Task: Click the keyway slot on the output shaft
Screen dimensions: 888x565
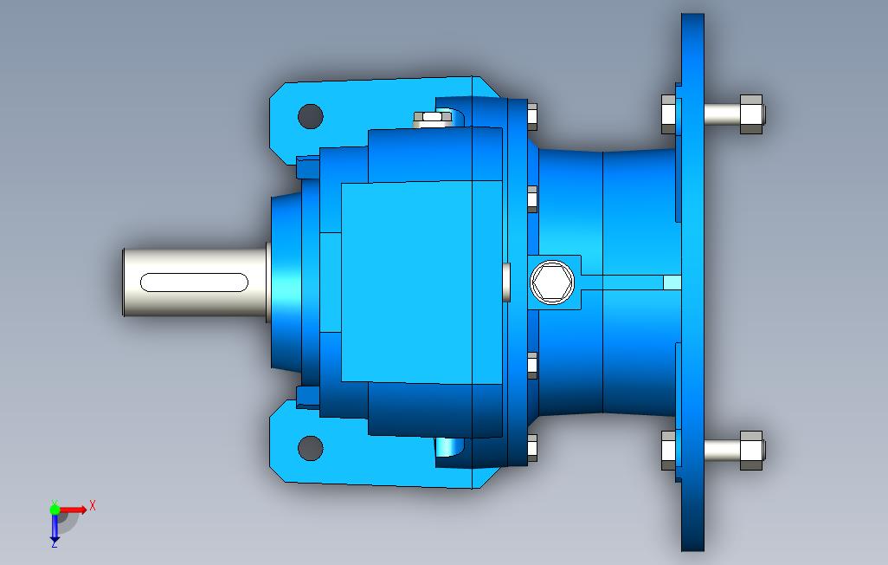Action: [x=194, y=282]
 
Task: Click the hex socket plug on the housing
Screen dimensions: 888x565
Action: [x=552, y=282]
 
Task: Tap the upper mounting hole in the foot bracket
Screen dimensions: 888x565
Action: [x=311, y=116]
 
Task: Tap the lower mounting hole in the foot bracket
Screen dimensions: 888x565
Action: [x=311, y=448]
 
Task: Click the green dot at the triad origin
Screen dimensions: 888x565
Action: [x=55, y=510]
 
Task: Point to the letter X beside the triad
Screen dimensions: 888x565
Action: [x=93, y=505]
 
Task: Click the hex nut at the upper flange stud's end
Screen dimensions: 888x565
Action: [x=751, y=114]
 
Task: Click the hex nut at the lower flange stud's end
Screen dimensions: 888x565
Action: [x=751, y=451]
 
